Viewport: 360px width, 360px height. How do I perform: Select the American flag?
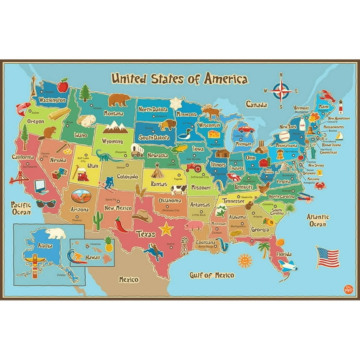pos(328,256)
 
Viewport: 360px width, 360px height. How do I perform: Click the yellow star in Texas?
pos(166,229)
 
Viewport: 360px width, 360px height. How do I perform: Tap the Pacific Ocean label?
pos(21,207)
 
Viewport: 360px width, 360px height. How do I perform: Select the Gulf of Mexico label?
pos(212,274)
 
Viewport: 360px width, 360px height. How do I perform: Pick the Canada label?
pos(257,104)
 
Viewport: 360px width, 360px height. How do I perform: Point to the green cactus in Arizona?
pos(97,217)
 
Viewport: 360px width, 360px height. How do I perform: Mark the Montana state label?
pos(113,114)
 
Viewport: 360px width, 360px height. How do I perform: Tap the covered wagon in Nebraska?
pos(136,148)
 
